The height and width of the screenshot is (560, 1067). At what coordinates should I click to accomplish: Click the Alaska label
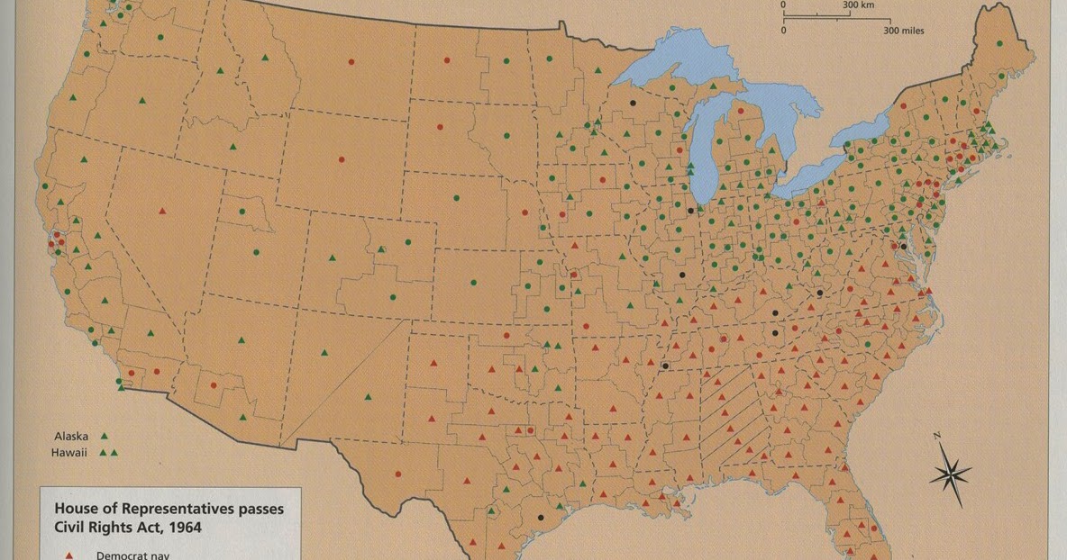point(71,436)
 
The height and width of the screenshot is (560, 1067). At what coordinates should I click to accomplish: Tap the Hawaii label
point(71,452)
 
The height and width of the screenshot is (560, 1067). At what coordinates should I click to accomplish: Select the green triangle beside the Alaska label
point(104,436)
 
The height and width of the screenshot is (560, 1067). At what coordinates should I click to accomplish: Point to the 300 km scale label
point(859,5)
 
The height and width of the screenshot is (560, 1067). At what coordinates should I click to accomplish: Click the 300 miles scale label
point(903,31)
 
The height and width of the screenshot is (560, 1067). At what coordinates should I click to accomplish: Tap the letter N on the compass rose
point(937,437)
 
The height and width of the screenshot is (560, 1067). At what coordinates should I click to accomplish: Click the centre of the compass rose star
point(950,472)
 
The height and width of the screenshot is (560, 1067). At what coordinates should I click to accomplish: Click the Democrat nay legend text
point(132,555)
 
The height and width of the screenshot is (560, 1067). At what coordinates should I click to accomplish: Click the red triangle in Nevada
point(162,211)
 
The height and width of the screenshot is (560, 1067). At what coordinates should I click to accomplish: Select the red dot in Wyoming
point(341,160)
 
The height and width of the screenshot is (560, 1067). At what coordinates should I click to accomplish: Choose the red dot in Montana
point(351,62)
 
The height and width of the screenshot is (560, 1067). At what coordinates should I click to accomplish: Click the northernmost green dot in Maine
point(999,43)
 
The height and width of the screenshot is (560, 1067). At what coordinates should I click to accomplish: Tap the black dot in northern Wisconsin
point(634,103)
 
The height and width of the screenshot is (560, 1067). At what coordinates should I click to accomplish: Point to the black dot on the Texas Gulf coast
point(540,518)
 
